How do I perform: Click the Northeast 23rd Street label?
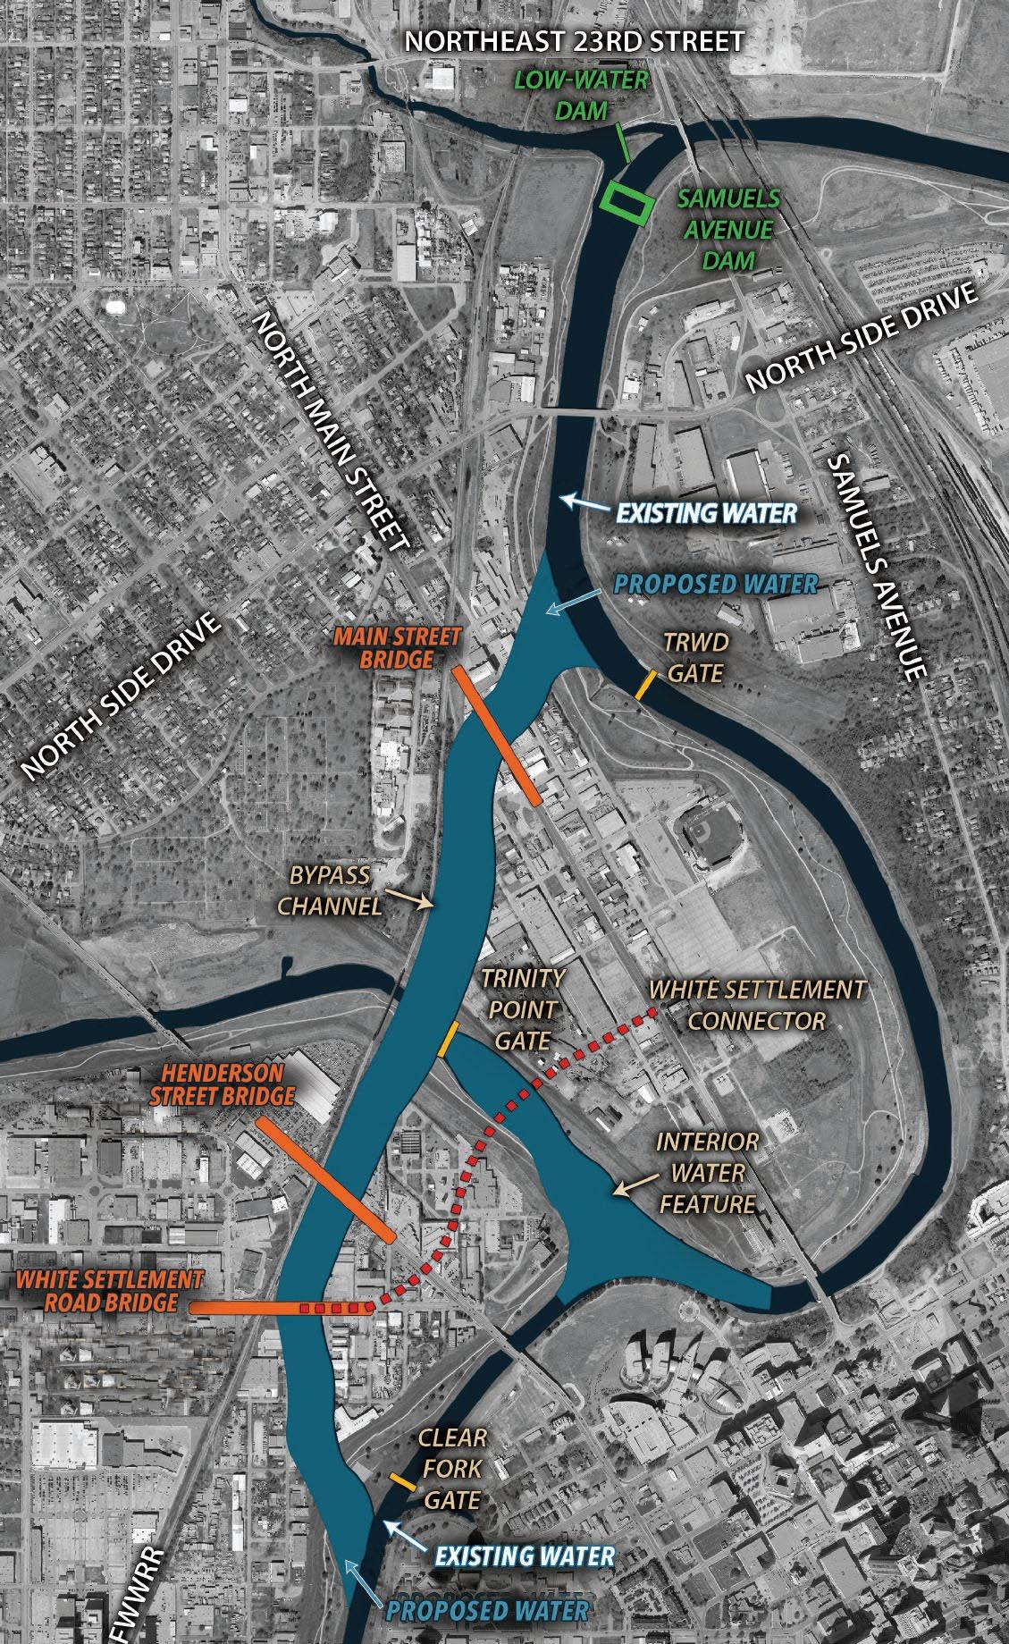pyautogui.click(x=575, y=41)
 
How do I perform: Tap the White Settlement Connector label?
pyautogui.click(x=757, y=1005)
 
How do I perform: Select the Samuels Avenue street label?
pyautogui.click(x=874, y=568)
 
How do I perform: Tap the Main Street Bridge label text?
pyautogui.click(x=398, y=648)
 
